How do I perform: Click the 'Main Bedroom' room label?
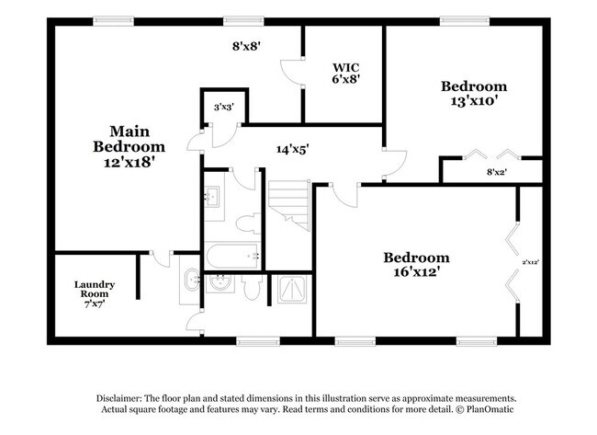point(129,139)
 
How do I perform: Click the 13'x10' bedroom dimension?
point(474,101)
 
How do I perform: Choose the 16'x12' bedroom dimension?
point(416,273)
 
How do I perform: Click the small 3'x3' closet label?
point(223,108)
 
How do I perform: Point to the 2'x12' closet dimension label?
point(530,262)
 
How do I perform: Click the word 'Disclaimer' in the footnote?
point(124,397)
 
